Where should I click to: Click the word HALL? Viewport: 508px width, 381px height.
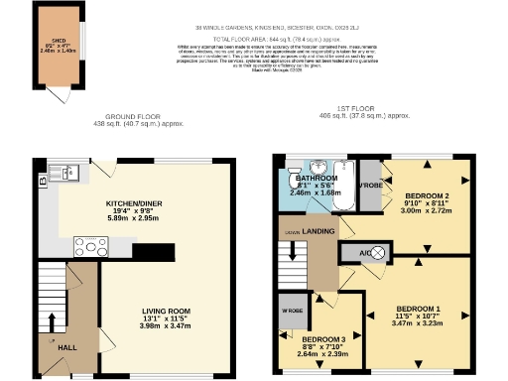coord(66,347)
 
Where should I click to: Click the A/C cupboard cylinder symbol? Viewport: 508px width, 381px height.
coord(378,252)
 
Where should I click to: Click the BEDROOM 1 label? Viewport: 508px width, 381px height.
coord(416,308)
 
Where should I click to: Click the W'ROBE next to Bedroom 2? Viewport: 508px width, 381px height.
coord(370,186)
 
